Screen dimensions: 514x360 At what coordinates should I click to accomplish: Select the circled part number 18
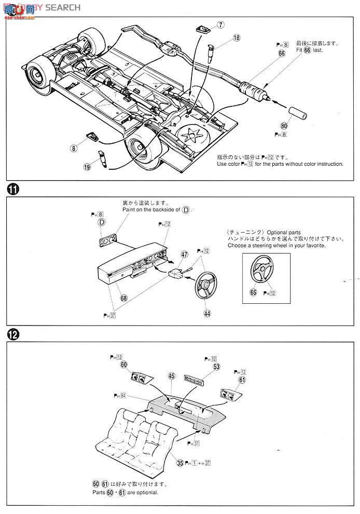(237, 37)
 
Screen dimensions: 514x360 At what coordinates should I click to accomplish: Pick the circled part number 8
(74, 148)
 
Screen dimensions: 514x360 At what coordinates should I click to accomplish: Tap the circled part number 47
(184, 254)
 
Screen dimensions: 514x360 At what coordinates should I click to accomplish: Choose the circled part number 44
(207, 314)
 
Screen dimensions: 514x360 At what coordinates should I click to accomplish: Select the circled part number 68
(123, 298)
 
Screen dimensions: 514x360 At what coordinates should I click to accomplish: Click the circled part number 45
(172, 376)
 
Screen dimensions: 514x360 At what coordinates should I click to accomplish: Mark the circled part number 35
(180, 463)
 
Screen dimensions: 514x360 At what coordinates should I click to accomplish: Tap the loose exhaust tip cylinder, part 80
(299, 114)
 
